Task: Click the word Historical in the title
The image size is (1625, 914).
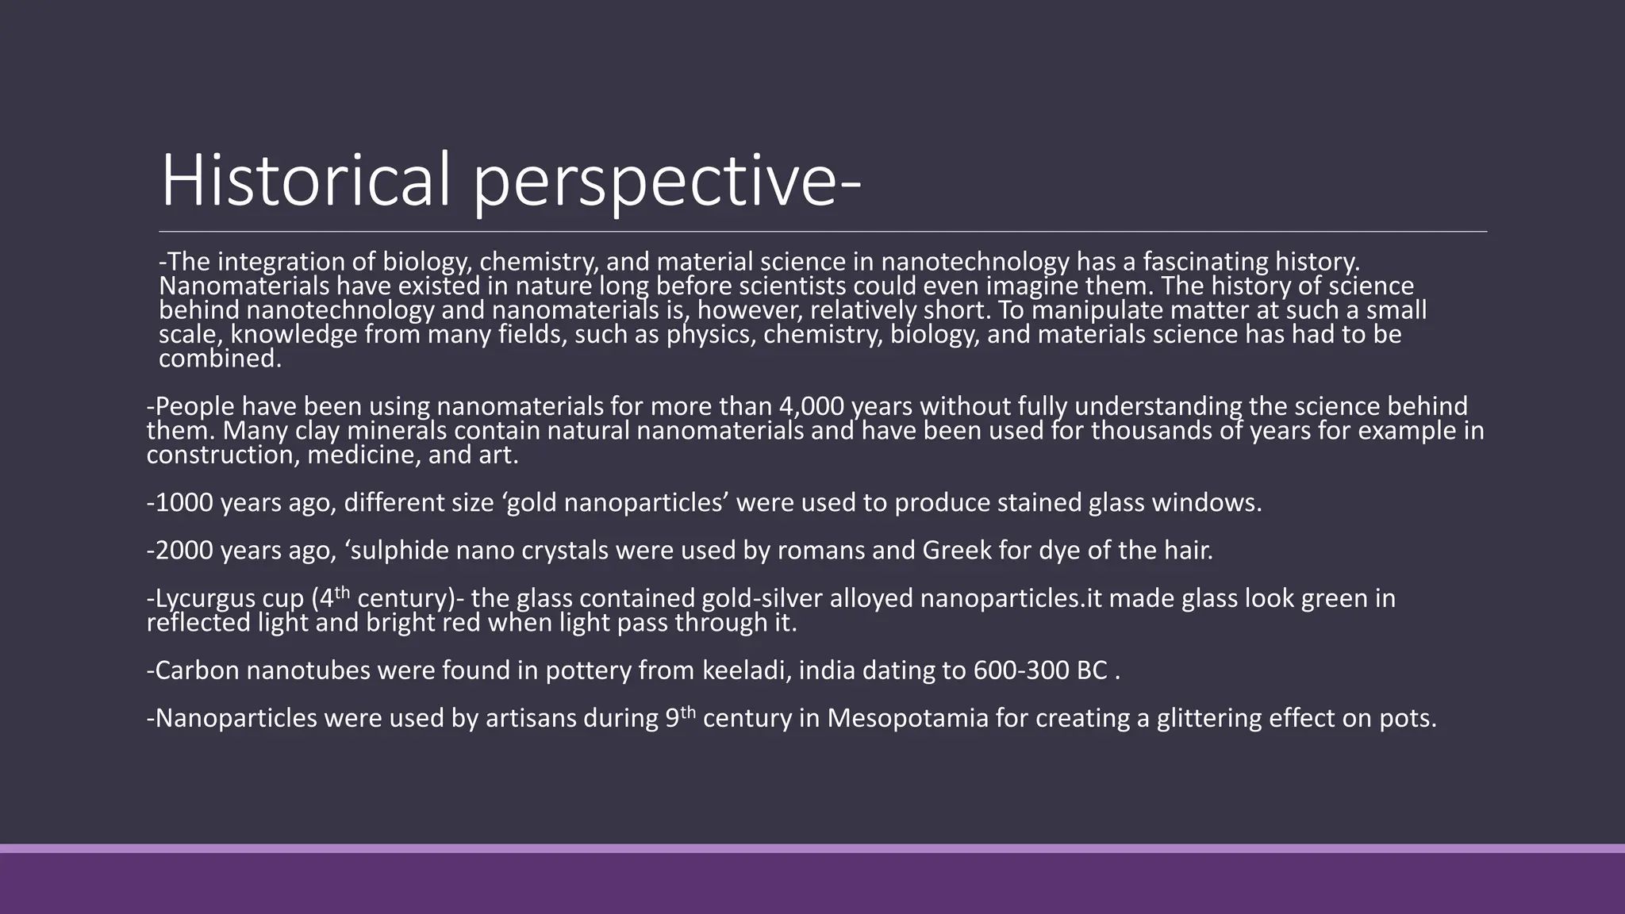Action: click(306, 181)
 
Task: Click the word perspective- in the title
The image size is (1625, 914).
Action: click(667, 184)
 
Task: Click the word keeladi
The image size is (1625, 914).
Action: click(746, 670)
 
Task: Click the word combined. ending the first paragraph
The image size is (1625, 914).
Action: click(220, 359)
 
